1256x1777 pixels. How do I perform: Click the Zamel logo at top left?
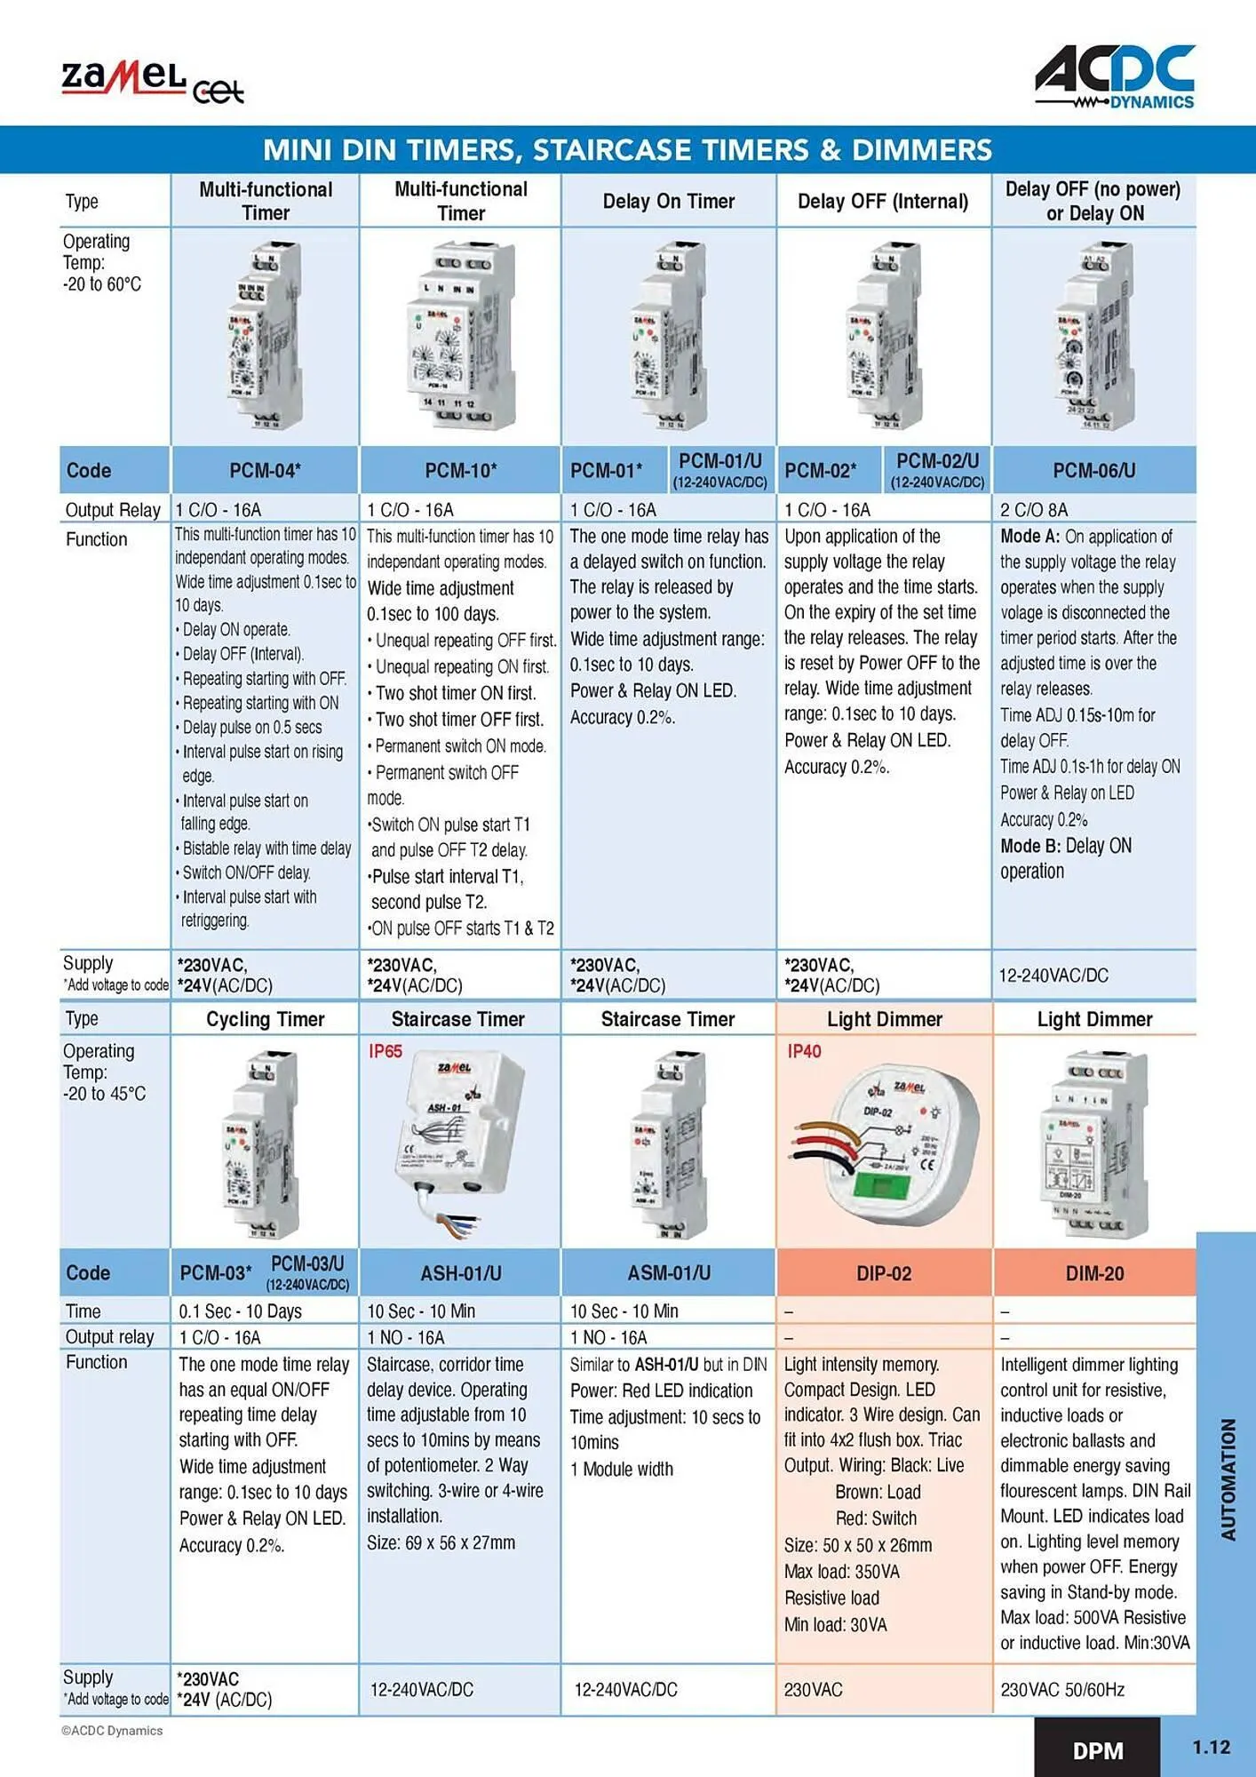tap(151, 83)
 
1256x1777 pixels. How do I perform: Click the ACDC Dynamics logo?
tap(1115, 78)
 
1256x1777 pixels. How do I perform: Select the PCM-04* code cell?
tap(265, 470)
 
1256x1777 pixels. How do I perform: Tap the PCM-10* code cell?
tap(460, 470)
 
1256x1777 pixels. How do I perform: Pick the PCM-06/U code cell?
tap(1093, 470)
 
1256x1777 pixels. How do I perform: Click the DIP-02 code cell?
tap(884, 1273)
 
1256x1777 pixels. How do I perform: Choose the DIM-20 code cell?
tap(1094, 1273)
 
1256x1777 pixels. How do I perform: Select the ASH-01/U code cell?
tap(460, 1273)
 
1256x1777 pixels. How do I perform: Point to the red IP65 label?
tap(386, 1051)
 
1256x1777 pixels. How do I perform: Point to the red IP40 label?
tap(804, 1051)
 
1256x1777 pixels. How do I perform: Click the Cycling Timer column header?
tap(265, 1019)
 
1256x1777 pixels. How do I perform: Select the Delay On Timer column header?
tap(668, 202)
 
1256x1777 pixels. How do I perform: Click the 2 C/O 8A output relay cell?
tap(1034, 510)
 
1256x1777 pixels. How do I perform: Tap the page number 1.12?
tap(1211, 1747)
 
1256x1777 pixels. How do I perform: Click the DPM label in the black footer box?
tap(1098, 1750)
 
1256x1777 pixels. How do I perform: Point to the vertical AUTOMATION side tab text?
tap(1228, 1478)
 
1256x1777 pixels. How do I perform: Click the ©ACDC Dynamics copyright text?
tap(112, 1731)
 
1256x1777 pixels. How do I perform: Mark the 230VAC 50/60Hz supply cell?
tap(1062, 1690)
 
